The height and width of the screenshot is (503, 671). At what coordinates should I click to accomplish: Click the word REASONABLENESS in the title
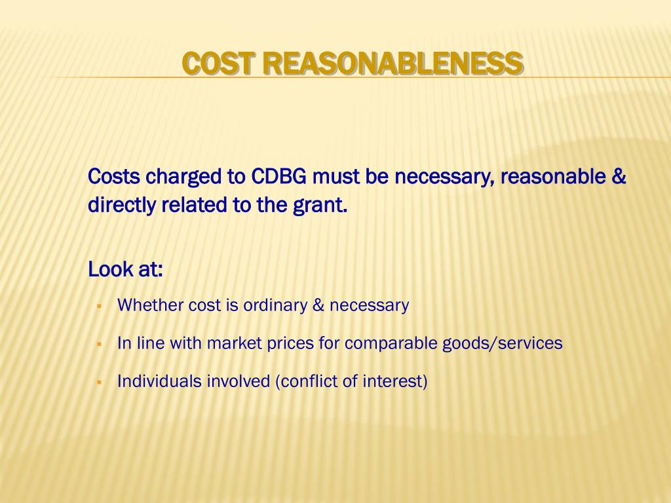click(x=394, y=64)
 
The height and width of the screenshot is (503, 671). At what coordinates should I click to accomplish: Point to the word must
click(x=332, y=177)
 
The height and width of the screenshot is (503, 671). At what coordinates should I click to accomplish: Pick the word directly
click(x=122, y=206)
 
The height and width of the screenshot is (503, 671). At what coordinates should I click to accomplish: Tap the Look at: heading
click(x=125, y=269)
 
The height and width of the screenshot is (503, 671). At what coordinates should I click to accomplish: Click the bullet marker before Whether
click(x=98, y=306)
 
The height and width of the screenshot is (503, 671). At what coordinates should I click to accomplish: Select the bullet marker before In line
click(x=98, y=344)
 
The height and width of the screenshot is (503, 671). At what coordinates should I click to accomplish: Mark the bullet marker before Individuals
click(x=98, y=382)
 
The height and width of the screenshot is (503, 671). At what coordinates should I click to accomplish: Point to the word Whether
click(x=151, y=305)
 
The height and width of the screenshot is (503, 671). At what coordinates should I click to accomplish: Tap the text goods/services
click(x=502, y=344)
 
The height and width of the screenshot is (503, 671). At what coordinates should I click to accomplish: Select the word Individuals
click(x=159, y=381)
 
